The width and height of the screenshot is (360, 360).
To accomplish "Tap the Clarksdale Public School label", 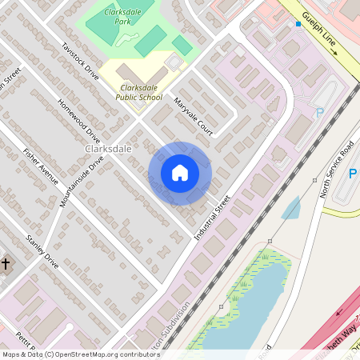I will [x=141, y=92].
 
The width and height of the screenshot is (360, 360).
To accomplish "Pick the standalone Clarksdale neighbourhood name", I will [x=107, y=150].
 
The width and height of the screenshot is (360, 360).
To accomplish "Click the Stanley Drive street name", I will [x=42, y=250].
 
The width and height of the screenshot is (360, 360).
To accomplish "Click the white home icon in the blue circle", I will [x=180, y=173].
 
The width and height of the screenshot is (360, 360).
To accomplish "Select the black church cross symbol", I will [x=5, y=263].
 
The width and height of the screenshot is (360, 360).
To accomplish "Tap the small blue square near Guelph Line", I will [x=298, y=24].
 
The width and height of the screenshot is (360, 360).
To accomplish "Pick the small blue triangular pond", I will [x=291, y=209].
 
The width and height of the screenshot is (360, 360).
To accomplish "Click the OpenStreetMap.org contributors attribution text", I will [x=104, y=354].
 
